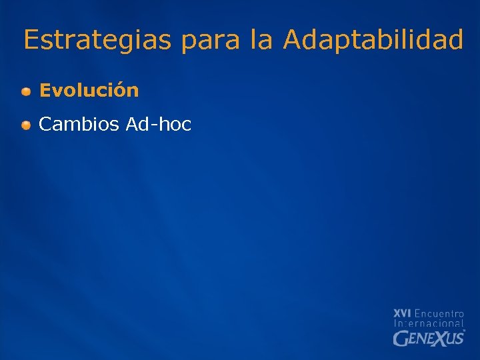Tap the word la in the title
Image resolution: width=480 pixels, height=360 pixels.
click(262, 40)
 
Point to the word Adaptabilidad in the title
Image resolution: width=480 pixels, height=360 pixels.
click(373, 40)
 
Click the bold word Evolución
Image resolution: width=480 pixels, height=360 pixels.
click(89, 91)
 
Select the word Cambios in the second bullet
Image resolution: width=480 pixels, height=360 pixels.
click(79, 124)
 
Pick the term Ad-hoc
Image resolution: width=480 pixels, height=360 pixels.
click(158, 124)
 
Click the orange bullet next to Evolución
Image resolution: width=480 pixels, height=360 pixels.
click(25, 91)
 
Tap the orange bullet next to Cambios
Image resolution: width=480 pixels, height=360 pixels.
click(25, 125)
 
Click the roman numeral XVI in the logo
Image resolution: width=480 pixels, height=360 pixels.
click(402, 313)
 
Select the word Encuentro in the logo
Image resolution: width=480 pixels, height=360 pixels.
click(439, 313)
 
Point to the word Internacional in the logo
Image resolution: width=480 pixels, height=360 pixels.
click(429, 323)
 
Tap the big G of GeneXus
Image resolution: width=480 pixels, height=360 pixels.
click(400, 339)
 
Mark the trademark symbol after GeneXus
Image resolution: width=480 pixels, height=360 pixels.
click(464, 331)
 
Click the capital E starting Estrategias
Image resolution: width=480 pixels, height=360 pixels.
click(31, 40)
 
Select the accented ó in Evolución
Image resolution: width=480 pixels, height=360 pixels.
click(122, 91)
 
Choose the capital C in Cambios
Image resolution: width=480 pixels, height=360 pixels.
click(45, 124)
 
